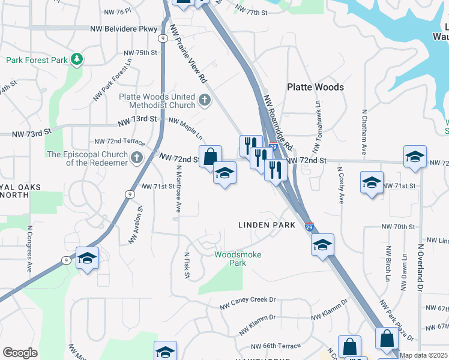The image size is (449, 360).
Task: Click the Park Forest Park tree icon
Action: pos(76,59)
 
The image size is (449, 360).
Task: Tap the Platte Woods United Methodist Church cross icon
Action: pos(205,100)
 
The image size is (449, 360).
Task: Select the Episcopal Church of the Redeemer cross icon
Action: pos(137,158)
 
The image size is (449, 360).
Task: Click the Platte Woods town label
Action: pos(315,87)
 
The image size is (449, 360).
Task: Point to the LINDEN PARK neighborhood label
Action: pos(267,225)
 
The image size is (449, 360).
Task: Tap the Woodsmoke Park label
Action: pos(238,259)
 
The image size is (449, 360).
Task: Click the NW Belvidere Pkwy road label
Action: pos(124,29)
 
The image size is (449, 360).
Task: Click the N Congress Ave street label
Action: pos(29,248)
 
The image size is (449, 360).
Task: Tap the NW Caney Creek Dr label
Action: pos(255,299)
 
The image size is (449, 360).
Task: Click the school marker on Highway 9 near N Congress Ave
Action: pos(88,259)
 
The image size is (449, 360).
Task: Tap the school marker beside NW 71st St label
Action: pos(372,182)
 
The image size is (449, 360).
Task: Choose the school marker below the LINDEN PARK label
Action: pos(322,245)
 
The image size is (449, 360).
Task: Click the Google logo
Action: pos(20,353)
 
